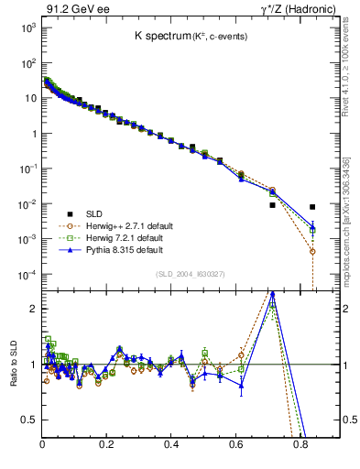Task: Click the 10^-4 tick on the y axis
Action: pyautogui.click(x=28, y=274)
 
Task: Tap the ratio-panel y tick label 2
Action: pyautogui.click(x=32, y=309)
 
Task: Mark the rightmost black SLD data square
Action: pyautogui.click(x=312, y=207)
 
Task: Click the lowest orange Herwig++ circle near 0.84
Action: pyautogui.click(x=312, y=251)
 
